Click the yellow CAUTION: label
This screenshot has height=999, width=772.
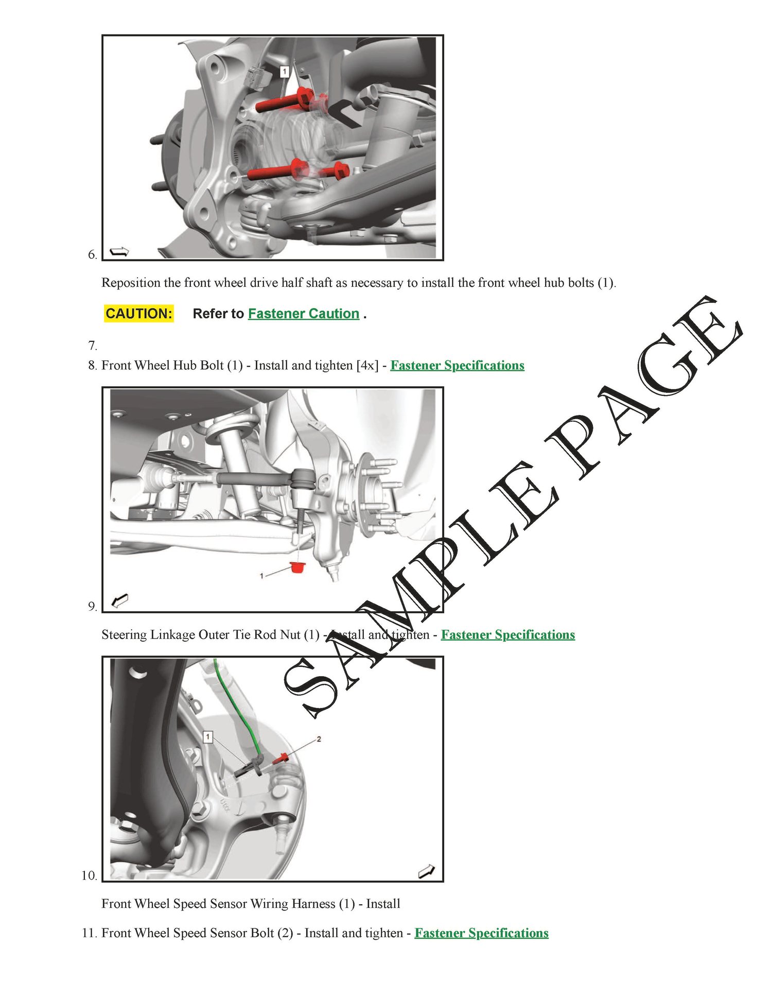point(138,314)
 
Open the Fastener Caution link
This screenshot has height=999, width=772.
point(304,314)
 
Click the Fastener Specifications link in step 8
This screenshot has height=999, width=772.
point(458,365)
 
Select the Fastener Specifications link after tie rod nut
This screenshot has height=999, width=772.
point(508,634)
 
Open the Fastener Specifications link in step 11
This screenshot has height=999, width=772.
point(482,933)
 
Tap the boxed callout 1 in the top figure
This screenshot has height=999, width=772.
point(285,72)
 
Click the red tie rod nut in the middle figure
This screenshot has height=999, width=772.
point(297,567)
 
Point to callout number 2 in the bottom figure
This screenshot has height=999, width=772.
point(319,739)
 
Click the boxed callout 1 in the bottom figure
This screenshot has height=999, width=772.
point(208,737)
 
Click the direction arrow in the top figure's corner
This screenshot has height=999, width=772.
point(120,251)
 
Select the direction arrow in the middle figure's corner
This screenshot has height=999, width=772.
point(120,600)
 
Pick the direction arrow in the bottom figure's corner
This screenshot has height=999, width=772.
point(427,871)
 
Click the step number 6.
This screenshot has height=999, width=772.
point(93,254)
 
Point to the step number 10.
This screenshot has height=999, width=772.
point(90,875)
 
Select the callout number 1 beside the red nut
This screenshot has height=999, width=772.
point(262,576)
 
